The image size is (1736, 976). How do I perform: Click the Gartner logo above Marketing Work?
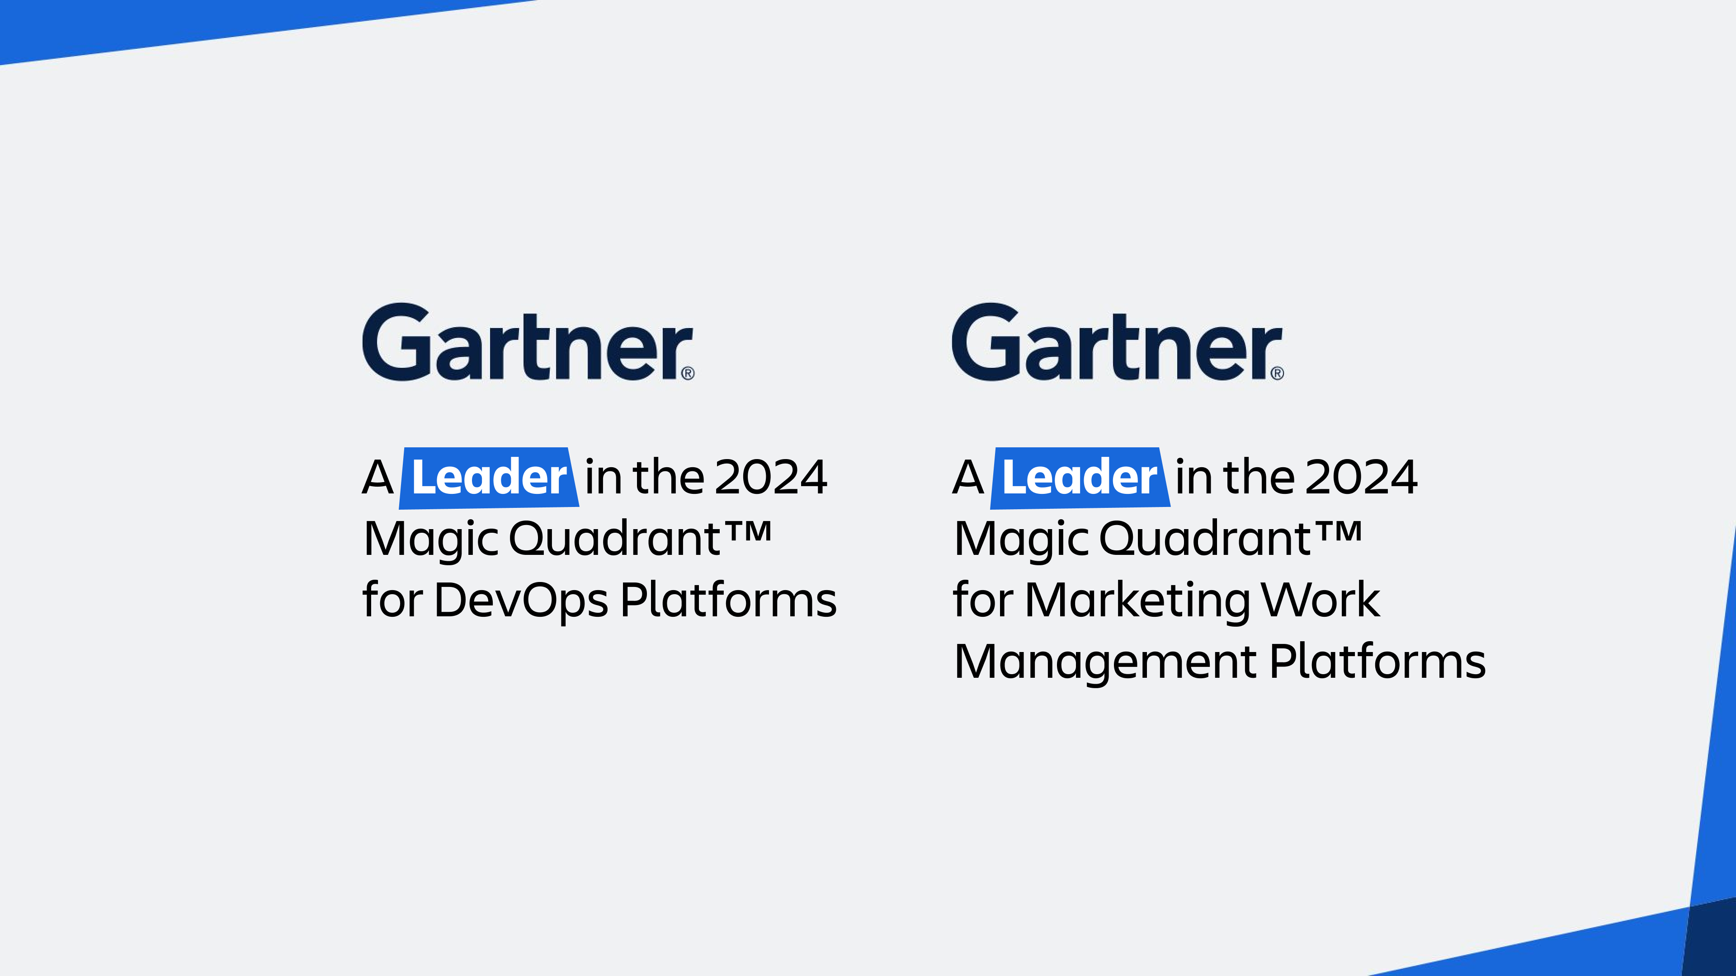(1118, 342)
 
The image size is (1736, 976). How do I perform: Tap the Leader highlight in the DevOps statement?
(489, 478)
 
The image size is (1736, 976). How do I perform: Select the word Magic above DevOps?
(431, 540)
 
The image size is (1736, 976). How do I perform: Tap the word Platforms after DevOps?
(728, 600)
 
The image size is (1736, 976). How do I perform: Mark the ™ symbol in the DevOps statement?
(747, 531)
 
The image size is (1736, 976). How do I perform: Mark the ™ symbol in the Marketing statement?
(1338, 531)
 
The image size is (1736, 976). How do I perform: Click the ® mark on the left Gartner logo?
(687, 373)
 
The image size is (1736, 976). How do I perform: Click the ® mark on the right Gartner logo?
(1277, 373)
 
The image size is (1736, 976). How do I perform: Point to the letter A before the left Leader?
(377, 477)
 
